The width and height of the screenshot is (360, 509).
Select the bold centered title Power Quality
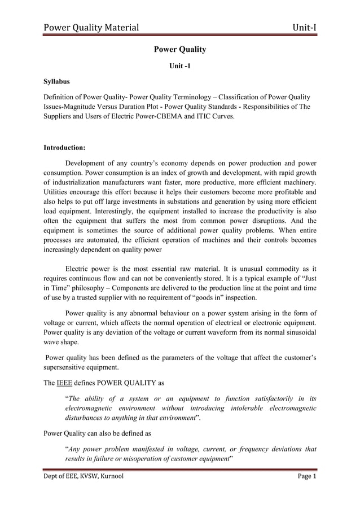(x=180, y=50)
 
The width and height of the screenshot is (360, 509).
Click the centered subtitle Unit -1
(x=180, y=67)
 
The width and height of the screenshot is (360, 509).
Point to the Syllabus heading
(x=59, y=82)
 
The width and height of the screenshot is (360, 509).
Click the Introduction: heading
(x=64, y=148)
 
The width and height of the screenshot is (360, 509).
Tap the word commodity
(x=281, y=267)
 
